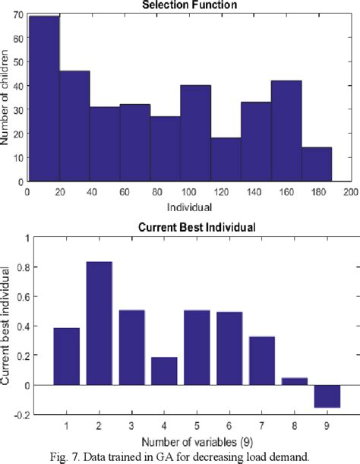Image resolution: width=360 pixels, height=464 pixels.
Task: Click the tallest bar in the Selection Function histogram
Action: (x=44, y=99)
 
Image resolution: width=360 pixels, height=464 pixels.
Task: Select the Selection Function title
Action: (x=195, y=5)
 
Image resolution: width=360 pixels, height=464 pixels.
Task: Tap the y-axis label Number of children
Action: (x=7, y=97)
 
